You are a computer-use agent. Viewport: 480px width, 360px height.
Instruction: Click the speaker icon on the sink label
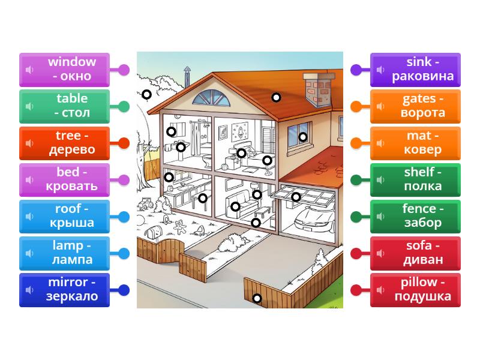380,70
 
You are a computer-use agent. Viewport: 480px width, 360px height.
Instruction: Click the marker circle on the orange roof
276,97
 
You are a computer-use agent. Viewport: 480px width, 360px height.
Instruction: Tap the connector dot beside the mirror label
124,290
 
